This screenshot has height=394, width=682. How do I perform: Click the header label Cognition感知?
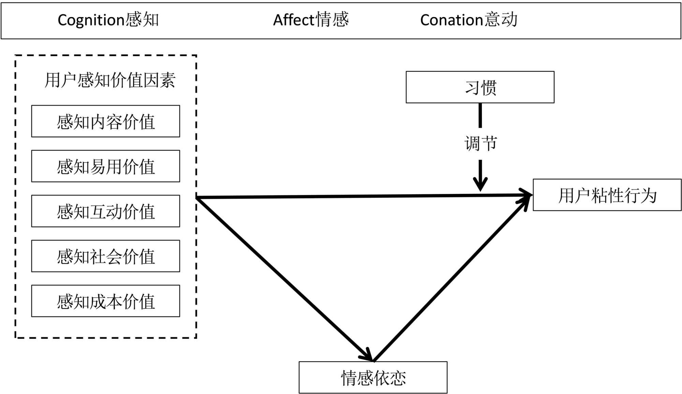point(108,20)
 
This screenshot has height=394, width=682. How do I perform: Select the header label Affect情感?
point(311,20)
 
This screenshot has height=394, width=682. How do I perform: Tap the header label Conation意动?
point(469,20)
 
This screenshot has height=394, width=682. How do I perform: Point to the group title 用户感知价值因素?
point(110,81)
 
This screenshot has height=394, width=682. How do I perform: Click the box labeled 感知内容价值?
point(106,122)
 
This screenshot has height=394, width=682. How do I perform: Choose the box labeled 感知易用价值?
point(106,166)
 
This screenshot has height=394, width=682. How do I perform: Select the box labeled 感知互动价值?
point(106,211)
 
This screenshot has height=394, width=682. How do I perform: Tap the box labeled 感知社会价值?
point(106,256)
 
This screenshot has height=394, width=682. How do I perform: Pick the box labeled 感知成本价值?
point(106,301)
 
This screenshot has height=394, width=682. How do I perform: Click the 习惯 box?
point(480,87)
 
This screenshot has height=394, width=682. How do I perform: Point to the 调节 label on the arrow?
point(480,143)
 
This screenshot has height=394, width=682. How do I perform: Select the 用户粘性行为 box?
point(607,195)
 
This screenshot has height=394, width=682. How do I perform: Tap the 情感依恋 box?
point(373,378)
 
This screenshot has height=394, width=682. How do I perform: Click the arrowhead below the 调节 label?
point(480,184)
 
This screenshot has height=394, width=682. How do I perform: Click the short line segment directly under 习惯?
point(480,115)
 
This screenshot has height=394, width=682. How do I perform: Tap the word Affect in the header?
point(293,20)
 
